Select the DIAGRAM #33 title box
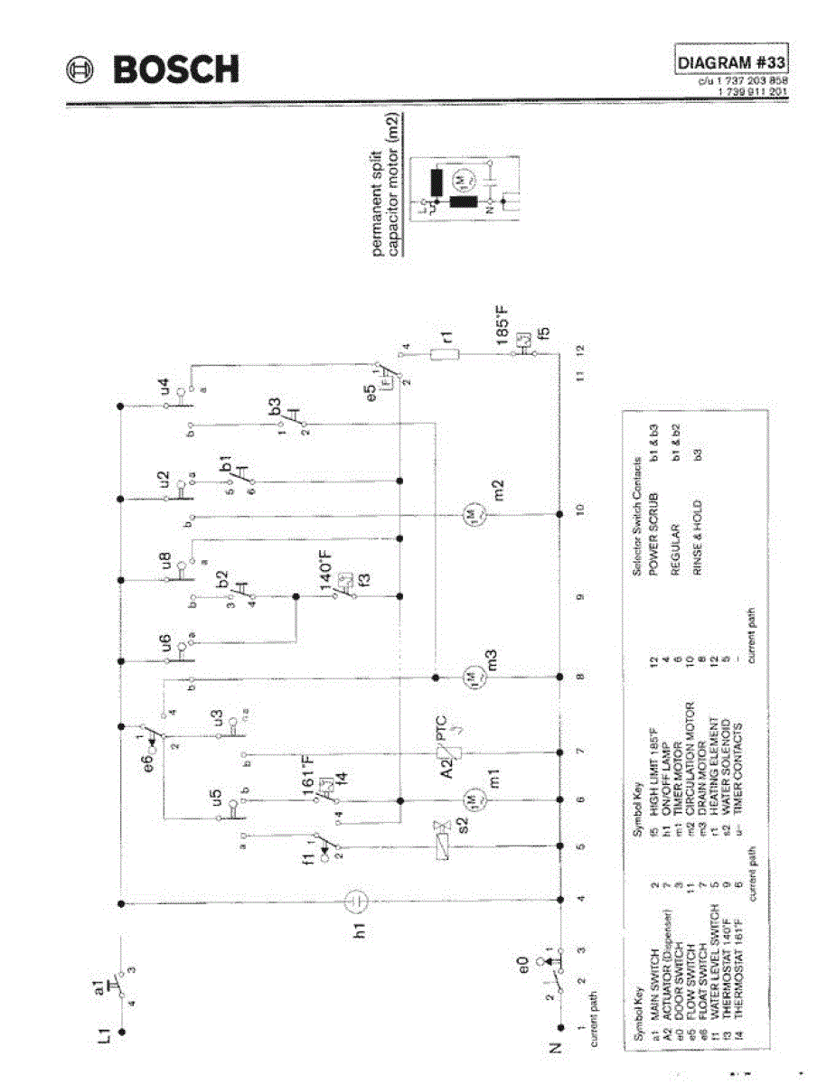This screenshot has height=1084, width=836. (x=732, y=62)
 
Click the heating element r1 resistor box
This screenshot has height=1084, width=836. (x=446, y=353)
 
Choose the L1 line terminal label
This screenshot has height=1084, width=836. (x=105, y=1035)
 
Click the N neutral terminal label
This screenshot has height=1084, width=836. (x=556, y=1047)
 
